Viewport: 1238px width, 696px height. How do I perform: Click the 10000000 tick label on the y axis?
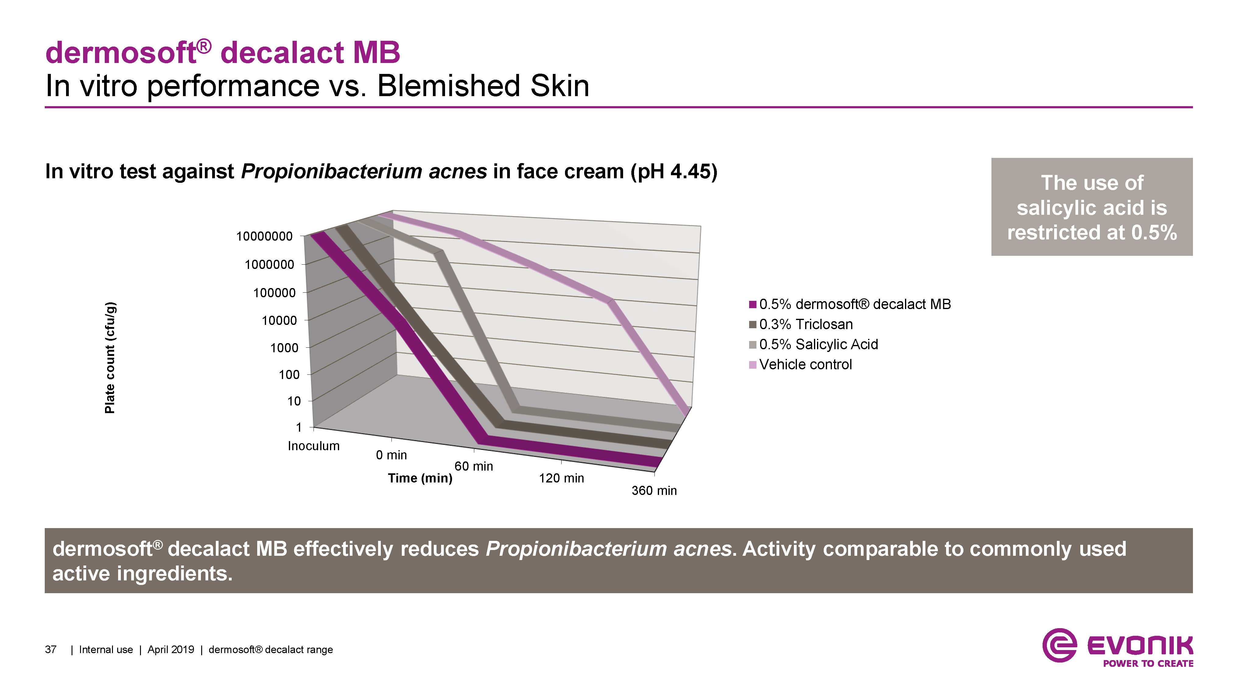[x=264, y=236]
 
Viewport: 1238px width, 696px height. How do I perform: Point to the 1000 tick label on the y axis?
[x=284, y=348]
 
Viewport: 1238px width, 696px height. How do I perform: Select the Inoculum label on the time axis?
[x=313, y=446]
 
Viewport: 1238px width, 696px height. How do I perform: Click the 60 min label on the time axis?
[x=474, y=466]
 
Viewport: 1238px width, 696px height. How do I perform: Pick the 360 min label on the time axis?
[x=654, y=490]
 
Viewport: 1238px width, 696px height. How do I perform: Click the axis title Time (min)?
[x=420, y=478]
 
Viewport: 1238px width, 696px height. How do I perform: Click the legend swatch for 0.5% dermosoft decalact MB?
[x=752, y=304]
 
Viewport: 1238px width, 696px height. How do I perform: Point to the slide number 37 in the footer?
[x=51, y=650]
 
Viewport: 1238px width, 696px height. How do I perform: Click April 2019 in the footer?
[x=170, y=650]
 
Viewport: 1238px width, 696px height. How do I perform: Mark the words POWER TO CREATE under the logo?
[x=1148, y=663]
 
